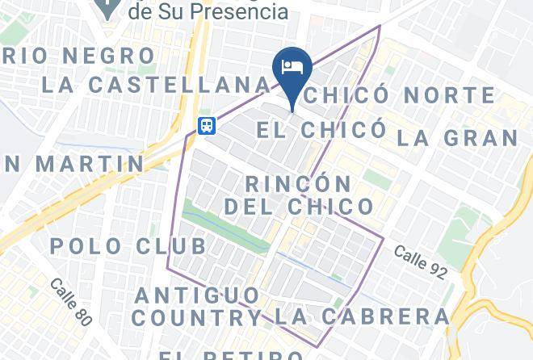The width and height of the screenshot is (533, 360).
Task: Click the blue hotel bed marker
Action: click(x=292, y=67)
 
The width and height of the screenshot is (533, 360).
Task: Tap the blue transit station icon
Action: click(x=207, y=125)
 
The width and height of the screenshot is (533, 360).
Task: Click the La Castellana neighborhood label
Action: click(x=156, y=84)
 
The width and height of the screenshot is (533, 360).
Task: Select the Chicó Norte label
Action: click(x=401, y=94)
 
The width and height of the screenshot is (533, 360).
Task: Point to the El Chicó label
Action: click(x=320, y=128)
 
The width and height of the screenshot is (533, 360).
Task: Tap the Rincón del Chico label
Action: click(x=299, y=195)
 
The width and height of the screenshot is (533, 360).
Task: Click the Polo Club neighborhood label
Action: click(x=128, y=245)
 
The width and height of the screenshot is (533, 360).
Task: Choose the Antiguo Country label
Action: click(x=197, y=306)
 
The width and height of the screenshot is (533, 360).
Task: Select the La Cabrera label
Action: click(x=361, y=316)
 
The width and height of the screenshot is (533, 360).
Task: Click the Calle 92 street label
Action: click(x=420, y=263)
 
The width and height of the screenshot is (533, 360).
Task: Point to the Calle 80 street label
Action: click(x=70, y=302)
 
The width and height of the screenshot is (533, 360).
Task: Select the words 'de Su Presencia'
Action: click(x=208, y=11)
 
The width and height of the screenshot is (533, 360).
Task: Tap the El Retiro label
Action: click(x=230, y=354)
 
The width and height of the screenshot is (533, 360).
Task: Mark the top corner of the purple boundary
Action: click(x=380, y=26)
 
